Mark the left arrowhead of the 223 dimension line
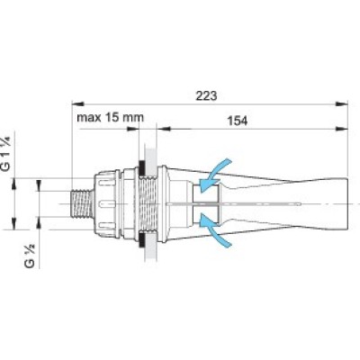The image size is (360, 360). [74, 103]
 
